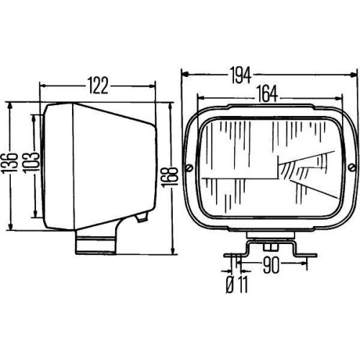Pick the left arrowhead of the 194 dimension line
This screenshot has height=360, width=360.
184,73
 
